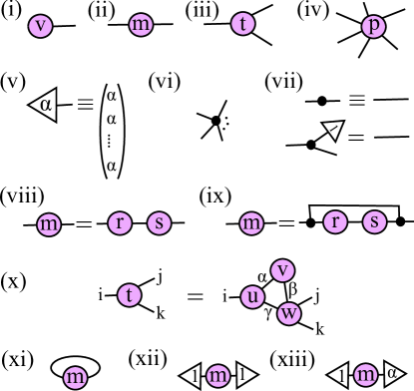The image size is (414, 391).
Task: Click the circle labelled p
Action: [x=373, y=26]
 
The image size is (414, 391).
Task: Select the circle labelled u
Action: [x=252, y=297]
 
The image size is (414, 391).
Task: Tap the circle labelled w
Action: [x=289, y=313]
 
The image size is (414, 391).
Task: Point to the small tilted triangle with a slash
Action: [x=333, y=130]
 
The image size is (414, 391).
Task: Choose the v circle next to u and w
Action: [x=283, y=270]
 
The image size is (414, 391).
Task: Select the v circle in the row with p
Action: [x=40, y=26]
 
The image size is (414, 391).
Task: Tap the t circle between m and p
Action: [x=243, y=24]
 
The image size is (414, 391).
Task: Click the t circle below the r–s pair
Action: [x=129, y=295]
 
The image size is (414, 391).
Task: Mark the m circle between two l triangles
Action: [x=217, y=375]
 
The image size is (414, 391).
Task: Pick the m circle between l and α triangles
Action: [x=366, y=375]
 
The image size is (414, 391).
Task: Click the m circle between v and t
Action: [x=141, y=24]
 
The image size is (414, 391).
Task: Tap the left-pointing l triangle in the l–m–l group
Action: [x=193, y=375]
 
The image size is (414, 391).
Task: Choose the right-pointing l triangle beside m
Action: [x=244, y=375]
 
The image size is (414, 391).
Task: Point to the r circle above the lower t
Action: [x=120, y=222]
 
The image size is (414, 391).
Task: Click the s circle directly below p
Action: [x=374, y=221]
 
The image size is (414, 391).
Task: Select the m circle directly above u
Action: [x=251, y=223]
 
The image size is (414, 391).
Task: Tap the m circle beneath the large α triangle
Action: [x=48, y=224]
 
